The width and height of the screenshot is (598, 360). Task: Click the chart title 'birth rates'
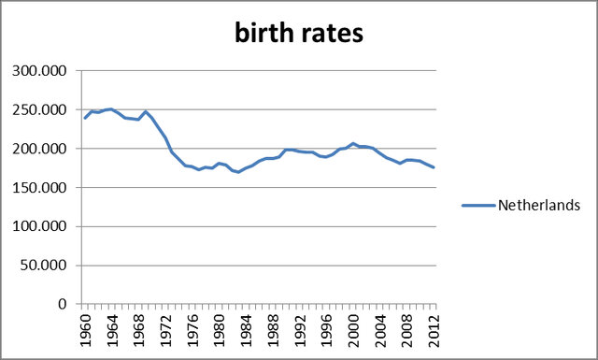coord(298,34)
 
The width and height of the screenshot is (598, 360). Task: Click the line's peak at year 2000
coord(354,143)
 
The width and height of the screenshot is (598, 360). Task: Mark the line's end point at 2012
coord(434,167)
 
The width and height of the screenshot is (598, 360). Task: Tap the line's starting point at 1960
coord(85,118)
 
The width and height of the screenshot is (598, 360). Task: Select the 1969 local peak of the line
coord(146,111)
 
